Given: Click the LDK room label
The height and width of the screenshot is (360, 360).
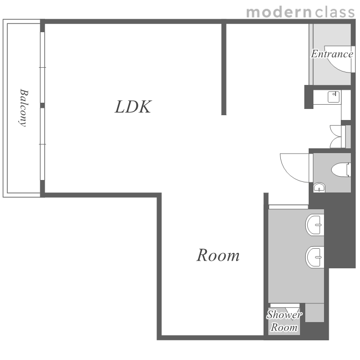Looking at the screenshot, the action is coord(133,107).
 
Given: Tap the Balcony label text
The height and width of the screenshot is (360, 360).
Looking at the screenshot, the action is coord(23,108).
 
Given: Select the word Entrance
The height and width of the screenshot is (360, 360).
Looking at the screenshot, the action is coord(332,54).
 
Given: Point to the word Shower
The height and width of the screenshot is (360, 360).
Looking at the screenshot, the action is coord(284,314).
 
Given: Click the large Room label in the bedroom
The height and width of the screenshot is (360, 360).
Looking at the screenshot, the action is coord(218,255).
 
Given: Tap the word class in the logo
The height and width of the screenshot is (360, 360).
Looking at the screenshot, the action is coord(335,12).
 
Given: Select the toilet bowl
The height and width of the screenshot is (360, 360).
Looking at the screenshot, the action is coord(341,169).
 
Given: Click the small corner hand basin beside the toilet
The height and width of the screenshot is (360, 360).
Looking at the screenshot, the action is coord(319,187).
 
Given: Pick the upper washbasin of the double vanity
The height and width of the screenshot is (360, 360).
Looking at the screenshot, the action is coord(315,225).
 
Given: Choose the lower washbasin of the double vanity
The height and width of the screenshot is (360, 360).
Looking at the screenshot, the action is coord(315,257).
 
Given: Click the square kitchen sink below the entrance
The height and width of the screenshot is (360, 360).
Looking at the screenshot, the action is coord(334,97).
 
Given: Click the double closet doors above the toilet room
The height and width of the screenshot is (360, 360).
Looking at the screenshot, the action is coord(336,137).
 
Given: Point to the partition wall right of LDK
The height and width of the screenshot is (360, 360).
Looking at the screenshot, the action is coord(224,69).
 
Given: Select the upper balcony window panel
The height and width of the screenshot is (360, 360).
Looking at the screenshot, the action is coord(42,67).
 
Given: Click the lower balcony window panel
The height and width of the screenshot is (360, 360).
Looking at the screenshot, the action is coord(42,144).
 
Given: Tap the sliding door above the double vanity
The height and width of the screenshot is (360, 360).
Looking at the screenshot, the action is coord(288,207).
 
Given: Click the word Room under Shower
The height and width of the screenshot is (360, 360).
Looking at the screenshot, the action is coord(284,327).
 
